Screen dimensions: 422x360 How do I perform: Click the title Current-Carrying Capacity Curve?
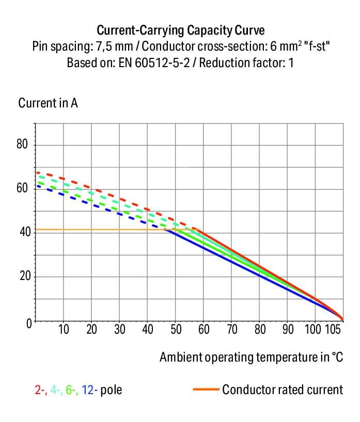click(x=180, y=29)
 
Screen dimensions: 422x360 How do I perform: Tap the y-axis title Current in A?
click(x=48, y=103)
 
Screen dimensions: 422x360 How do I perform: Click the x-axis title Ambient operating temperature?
click(x=251, y=357)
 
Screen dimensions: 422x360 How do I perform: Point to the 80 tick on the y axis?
click(x=22, y=145)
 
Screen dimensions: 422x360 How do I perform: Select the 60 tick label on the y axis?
click(x=22, y=189)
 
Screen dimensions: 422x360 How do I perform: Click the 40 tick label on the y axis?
click(x=22, y=232)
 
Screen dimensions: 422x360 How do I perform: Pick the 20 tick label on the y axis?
click(x=22, y=277)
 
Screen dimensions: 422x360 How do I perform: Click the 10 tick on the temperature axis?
click(x=64, y=330)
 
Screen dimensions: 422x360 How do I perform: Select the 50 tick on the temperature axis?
click(x=176, y=330)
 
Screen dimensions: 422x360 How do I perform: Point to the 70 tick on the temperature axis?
click(x=232, y=330)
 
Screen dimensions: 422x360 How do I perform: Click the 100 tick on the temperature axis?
click(x=313, y=330)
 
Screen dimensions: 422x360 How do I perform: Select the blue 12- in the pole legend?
click(x=89, y=389)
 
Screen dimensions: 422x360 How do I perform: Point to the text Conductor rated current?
click(x=282, y=389)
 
